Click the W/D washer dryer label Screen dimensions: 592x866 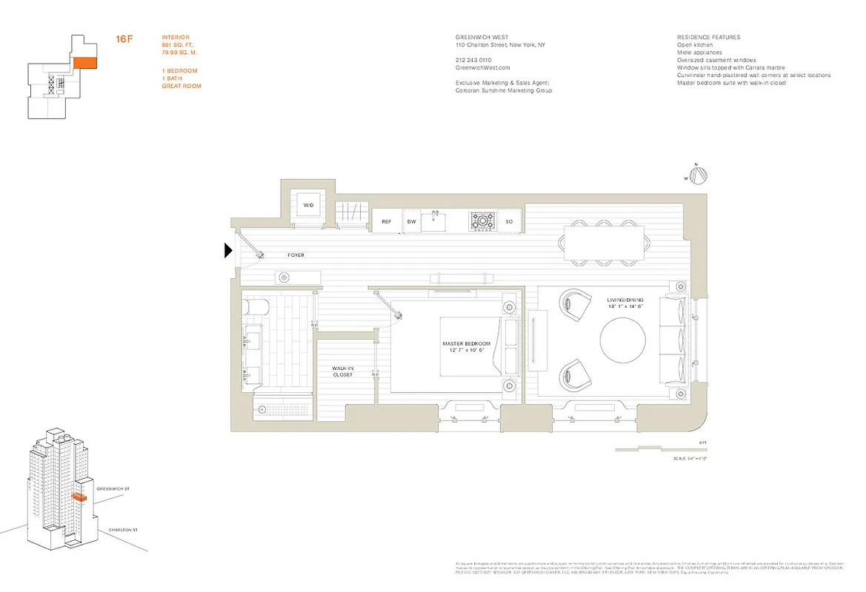click(x=308, y=205)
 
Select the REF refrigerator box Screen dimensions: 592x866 click(x=386, y=221)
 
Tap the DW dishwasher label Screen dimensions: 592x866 click(x=411, y=221)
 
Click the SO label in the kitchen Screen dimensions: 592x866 click(x=509, y=221)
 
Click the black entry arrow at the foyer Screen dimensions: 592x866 click(x=229, y=252)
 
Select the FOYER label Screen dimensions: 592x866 click(x=296, y=255)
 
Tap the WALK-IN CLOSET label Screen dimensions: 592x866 click(x=342, y=371)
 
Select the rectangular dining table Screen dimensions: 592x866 click(x=604, y=243)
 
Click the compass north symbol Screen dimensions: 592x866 click(x=698, y=175)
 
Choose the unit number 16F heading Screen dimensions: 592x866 click(x=124, y=38)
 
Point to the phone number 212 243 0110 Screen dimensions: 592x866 click(x=473, y=60)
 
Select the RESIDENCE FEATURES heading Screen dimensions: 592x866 click(x=708, y=37)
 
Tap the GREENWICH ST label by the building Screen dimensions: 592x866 click(x=113, y=489)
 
